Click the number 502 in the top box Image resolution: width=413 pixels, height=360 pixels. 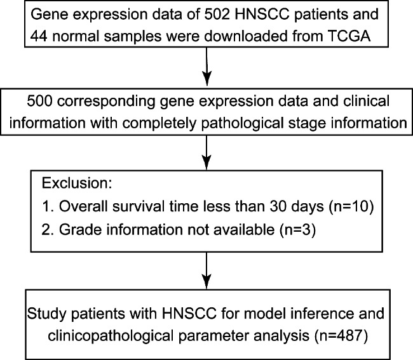click(217, 14)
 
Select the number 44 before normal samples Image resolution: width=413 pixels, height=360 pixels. click(39, 36)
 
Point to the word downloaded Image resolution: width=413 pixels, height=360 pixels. click(245, 36)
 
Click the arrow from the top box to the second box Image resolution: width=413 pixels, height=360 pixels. click(207, 66)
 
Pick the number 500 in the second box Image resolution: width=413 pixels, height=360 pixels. click(39, 101)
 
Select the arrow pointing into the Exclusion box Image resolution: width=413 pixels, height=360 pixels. click(207, 152)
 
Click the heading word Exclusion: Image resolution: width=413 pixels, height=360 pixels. click(77, 183)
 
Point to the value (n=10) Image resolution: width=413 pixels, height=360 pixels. click(351, 206)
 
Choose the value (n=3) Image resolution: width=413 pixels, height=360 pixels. click(297, 229)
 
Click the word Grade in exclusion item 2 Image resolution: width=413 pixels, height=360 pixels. click(81, 229)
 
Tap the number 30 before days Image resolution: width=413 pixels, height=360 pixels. click(279, 206)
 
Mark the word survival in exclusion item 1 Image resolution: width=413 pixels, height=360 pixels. click(139, 206)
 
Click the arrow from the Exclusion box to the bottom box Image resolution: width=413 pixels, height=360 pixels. click(207, 270)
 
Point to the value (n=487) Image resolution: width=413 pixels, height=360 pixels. click(341, 336)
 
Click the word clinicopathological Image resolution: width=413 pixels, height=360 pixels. click(111, 336)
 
